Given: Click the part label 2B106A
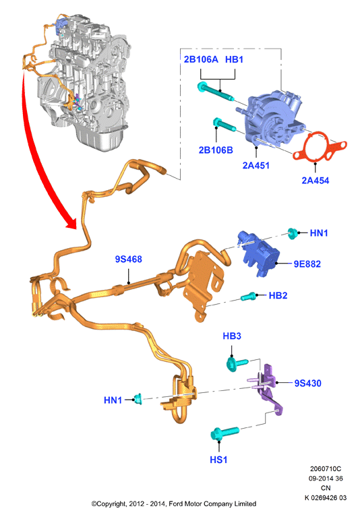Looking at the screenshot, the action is pos(201,59).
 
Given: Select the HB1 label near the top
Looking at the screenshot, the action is pos(234,59).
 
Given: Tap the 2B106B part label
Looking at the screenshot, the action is pos(216,150).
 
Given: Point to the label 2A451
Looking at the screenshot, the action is pos(256,165).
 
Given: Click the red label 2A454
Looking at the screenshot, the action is pos(315,181).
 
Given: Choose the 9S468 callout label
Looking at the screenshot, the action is pos(128,259).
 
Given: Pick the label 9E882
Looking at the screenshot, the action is pos(307,264).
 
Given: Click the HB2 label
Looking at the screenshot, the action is pos(278,295).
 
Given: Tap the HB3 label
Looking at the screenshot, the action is pos(232,336).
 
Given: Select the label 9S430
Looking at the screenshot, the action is pos(307,383).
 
